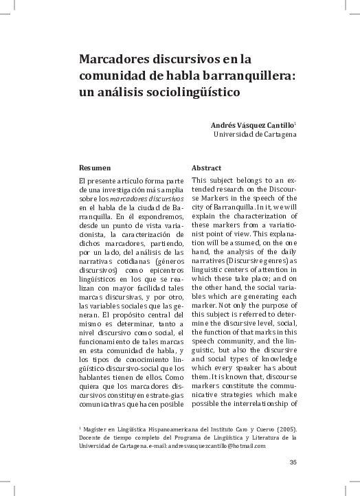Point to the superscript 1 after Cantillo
295,123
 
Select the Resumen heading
95,168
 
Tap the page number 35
293,462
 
